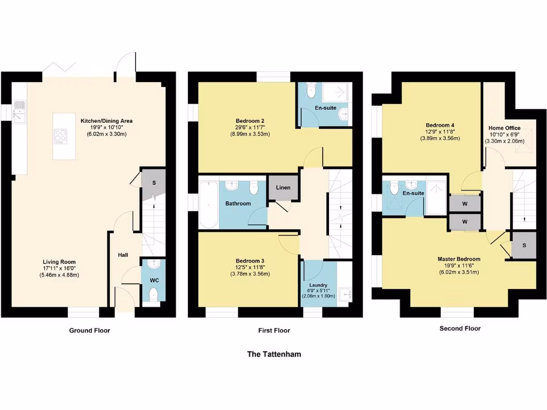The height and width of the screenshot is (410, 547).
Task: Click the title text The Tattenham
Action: [273, 354]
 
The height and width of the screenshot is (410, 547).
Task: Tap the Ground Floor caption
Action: [89, 330]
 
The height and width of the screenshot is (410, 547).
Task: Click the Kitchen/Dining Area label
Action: [106, 121]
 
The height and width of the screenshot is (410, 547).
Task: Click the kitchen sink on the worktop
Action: [19, 112]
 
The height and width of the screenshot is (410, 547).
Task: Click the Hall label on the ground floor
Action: [123, 255]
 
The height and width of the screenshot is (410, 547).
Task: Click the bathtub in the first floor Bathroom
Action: [207, 203]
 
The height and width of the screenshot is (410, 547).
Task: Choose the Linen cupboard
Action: [283, 188]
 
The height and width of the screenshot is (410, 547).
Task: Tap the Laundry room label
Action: [318, 285]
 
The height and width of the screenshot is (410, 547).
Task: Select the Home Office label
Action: [504, 128]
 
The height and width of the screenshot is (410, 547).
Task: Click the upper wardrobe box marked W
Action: [465, 203]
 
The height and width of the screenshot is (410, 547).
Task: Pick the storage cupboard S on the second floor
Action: [523, 246]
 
